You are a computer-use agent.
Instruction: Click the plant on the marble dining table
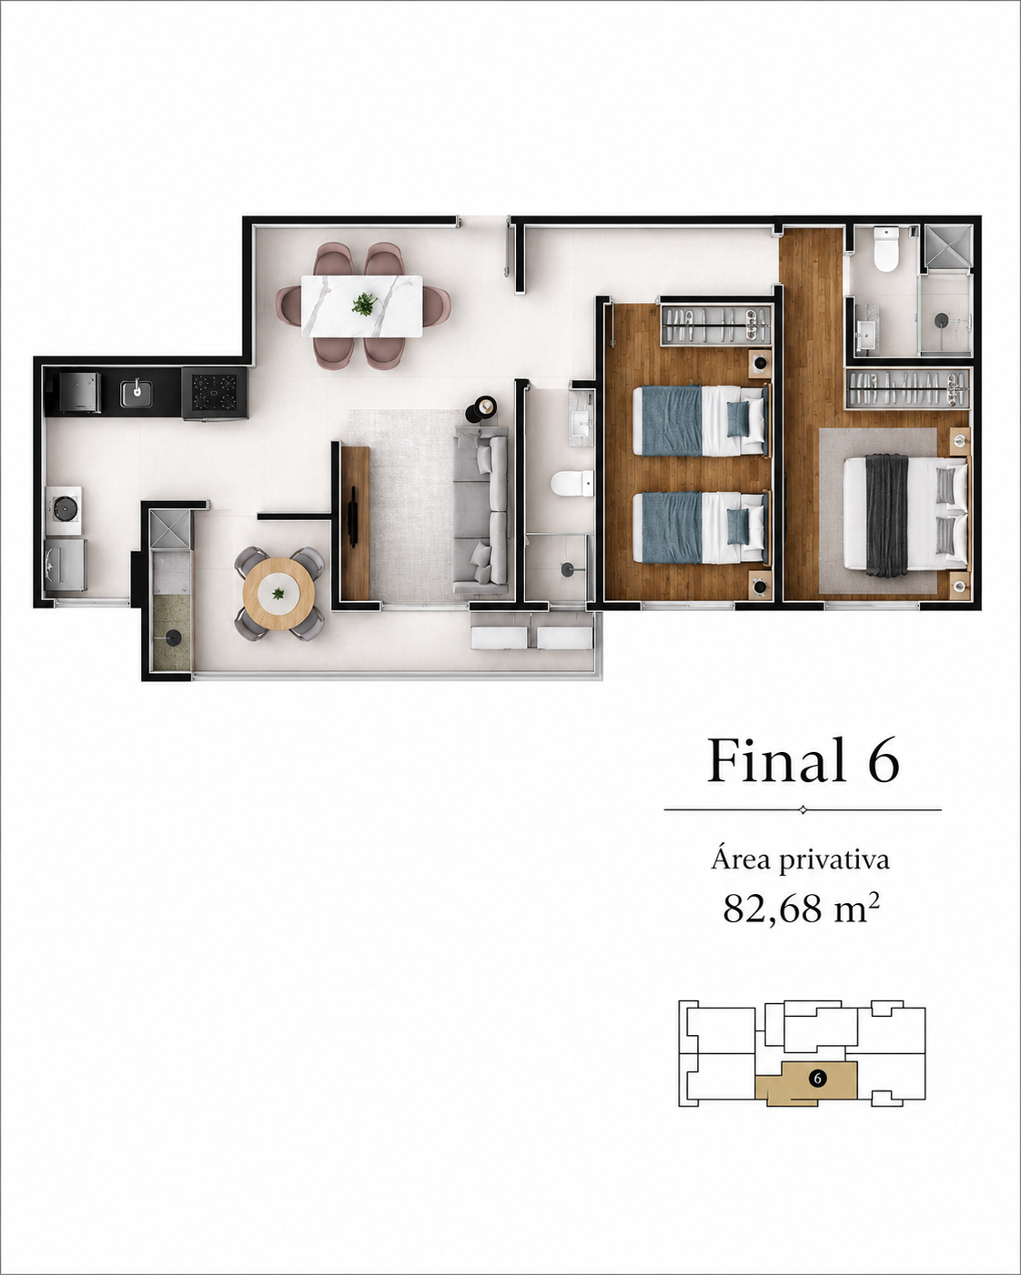pyautogui.click(x=363, y=305)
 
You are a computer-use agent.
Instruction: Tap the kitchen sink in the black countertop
pyautogui.click(x=137, y=394)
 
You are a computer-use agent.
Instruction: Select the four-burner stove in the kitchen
pyautogui.click(x=214, y=392)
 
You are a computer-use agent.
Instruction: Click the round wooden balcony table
pyautogui.click(x=278, y=594)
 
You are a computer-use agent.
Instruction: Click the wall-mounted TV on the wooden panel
pyautogui.click(x=354, y=514)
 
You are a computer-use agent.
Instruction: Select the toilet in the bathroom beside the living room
pyautogui.click(x=571, y=483)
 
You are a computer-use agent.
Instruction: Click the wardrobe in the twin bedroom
pyautogui.click(x=715, y=324)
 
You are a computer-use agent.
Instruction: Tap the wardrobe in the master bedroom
pyautogui.click(x=908, y=388)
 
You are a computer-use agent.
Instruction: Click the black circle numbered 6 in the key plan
pyautogui.click(x=818, y=1079)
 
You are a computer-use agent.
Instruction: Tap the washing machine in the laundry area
pyautogui.click(x=66, y=564)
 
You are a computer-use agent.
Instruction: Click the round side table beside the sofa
pyautogui.click(x=483, y=407)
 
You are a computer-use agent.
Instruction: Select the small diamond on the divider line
pyautogui.click(x=803, y=810)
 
